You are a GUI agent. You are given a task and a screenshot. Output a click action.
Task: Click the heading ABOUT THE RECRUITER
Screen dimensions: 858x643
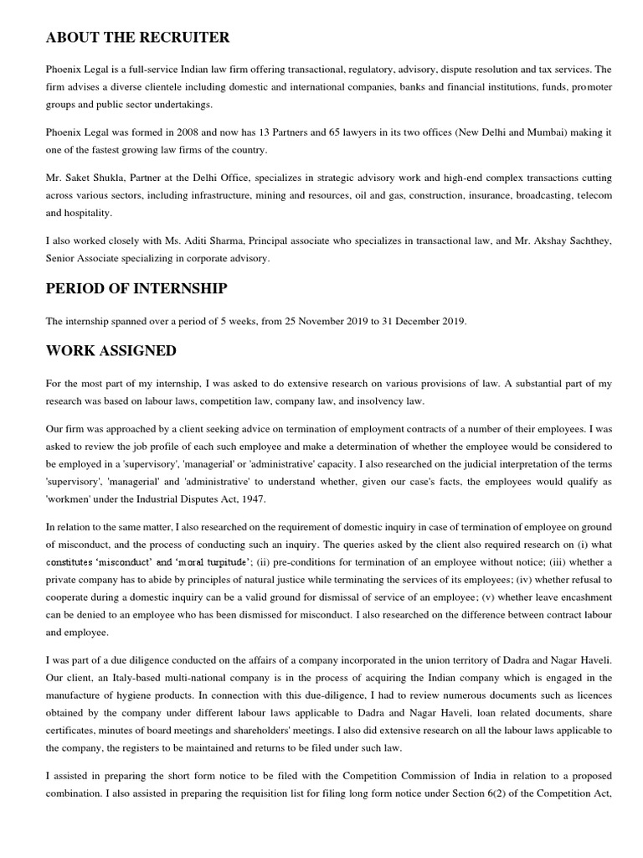(x=138, y=38)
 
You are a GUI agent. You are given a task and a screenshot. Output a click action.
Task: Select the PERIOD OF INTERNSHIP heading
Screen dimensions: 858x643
(x=136, y=288)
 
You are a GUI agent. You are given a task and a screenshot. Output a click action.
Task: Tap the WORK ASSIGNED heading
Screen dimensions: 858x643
(x=111, y=351)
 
